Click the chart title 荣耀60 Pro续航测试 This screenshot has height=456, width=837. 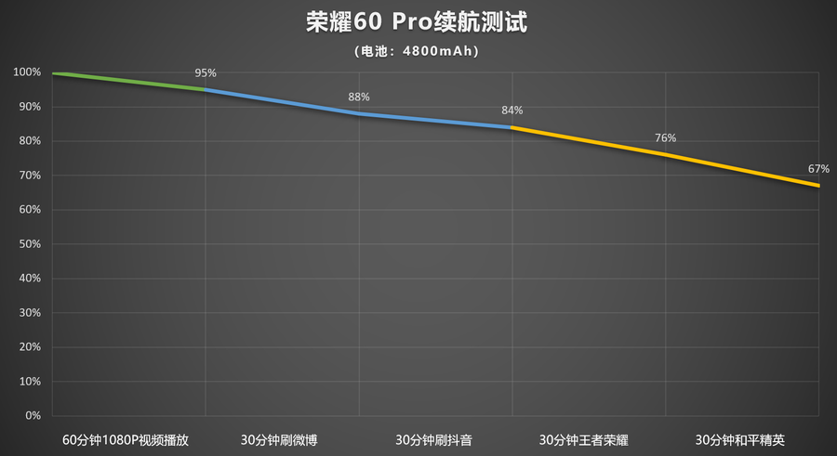pos(418,22)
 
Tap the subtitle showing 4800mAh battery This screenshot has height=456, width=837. pos(418,51)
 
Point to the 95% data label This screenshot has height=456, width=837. pos(206,72)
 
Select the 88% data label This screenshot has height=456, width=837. pos(359,97)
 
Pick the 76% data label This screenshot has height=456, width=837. pos(665,138)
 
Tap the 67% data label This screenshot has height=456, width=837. pos(817,169)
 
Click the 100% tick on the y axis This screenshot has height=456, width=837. pos(27,72)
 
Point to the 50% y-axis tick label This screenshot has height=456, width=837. pos(29,244)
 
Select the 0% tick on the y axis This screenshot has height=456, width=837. pos(33,416)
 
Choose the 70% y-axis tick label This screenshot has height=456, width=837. pos(29,176)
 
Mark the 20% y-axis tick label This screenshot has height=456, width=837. pos(29,347)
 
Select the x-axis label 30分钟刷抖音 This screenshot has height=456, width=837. pos(433,440)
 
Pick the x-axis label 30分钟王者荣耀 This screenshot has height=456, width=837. pos(587,440)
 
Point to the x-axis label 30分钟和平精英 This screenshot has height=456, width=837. pos(740,440)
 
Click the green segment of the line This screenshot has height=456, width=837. pos(130,81)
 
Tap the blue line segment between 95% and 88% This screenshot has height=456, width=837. pos(282,101)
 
